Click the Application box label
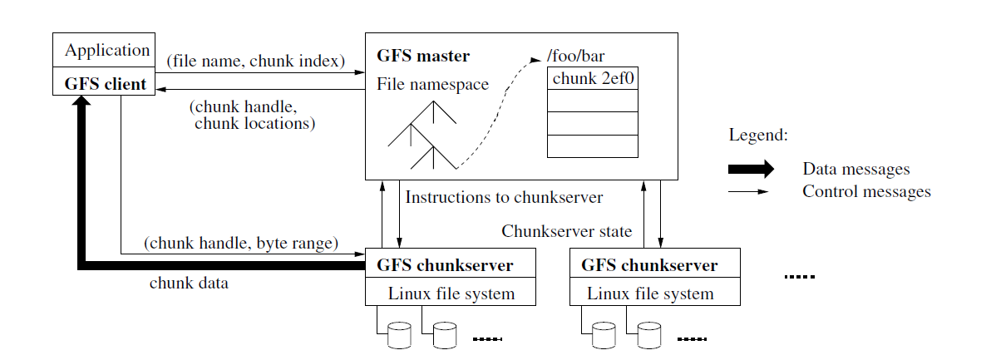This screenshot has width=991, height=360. click(107, 51)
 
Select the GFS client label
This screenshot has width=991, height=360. click(106, 83)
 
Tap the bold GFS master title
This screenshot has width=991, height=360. click(423, 57)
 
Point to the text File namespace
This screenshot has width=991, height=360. click(432, 84)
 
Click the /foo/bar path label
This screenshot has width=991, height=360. click(575, 57)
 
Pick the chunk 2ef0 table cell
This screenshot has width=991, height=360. click(593, 78)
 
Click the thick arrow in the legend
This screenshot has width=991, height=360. click(751, 170)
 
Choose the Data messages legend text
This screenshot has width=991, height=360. click(855, 170)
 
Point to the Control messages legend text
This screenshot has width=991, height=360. click(866, 192)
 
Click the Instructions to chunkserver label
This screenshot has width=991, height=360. click(504, 198)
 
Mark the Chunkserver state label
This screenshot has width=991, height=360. click(566, 230)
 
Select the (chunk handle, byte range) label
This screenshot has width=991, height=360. click(240, 244)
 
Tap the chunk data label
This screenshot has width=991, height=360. click(189, 284)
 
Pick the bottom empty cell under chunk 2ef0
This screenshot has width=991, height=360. click(593, 145)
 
